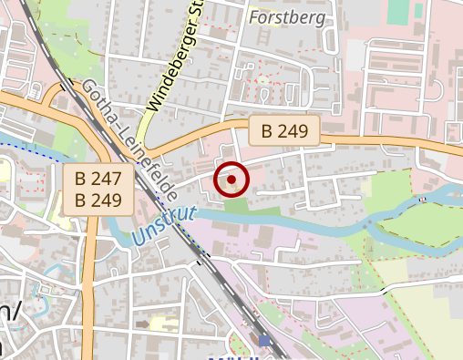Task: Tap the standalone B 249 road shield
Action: (x=285, y=130)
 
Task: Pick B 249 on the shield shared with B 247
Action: (x=98, y=200)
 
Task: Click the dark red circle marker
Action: (x=231, y=180)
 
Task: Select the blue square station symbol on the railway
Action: (x=264, y=340)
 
